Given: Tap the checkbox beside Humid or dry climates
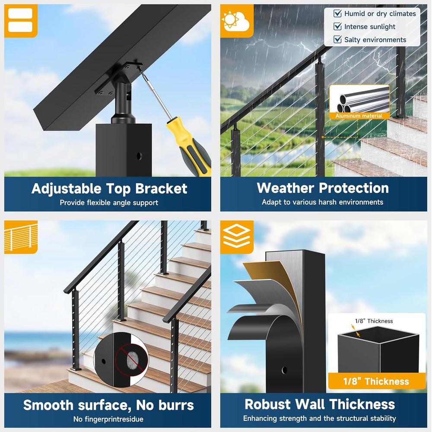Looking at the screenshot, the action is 337,13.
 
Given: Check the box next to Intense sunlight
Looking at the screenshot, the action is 337,26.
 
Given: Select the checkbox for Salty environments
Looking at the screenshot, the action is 337,39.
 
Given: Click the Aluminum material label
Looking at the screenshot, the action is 359,116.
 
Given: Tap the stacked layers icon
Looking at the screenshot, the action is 236,236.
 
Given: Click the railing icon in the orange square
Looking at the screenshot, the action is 21,237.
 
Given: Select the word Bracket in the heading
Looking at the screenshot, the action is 162,189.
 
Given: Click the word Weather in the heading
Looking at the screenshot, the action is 286,188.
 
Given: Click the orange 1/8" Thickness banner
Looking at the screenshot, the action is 376,381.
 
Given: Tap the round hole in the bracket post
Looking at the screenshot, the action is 139,156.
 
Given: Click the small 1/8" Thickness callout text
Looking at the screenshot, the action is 374,321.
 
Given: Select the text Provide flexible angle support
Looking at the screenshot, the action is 109,203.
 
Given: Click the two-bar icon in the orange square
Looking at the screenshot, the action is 20,20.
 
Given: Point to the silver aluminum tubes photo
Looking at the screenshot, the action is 359,99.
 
